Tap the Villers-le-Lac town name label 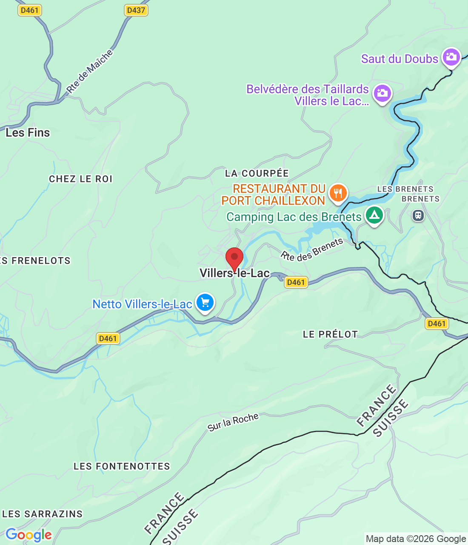point(234,273)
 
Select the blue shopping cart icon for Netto point(205,303)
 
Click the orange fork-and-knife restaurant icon point(338,193)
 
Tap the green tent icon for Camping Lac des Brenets point(374,215)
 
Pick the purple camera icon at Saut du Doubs point(451,57)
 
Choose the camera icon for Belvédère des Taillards point(382,93)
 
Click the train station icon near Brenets point(418,215)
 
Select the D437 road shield point(136,10)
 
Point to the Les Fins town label point(28,133)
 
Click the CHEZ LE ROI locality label point(81,179)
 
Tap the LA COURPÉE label point(257,173)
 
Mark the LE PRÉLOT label point(330,335)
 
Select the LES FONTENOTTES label point(122,467)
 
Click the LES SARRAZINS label point(43,514)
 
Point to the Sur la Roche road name point(233,422)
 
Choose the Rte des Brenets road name point(312,250)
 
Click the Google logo point(29,535)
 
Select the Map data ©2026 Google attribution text point(416,539)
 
